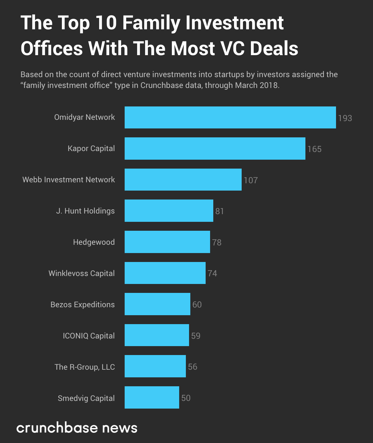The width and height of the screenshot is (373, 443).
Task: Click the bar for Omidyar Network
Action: (230, 118)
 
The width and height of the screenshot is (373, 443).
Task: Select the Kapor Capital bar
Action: (215, 149)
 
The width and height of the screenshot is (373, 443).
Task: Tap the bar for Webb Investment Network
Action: (183, 180)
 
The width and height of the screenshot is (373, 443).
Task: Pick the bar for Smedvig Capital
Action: (152, 397)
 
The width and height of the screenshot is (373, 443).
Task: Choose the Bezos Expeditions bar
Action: (157, 304)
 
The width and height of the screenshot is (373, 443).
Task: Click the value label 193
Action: (345, 118)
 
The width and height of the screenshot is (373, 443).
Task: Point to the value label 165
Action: (314, 149)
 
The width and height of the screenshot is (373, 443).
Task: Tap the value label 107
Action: (251, 180)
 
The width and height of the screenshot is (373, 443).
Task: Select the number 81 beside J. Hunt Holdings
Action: (220, 211)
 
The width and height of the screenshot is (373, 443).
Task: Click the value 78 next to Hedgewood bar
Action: (217, 243)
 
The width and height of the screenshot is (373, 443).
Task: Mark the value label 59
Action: (196, 336)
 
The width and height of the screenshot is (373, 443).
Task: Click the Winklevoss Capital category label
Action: (82, 273)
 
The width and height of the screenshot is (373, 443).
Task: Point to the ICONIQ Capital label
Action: (89, 336)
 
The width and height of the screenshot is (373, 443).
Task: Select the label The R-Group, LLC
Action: (85, 367)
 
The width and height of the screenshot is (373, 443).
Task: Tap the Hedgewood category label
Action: (94, 242)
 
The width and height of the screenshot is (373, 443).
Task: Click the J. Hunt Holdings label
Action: (85, 211)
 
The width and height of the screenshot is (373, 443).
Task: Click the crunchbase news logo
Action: (77, 428)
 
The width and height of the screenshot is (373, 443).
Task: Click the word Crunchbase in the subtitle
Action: (158, 85)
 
